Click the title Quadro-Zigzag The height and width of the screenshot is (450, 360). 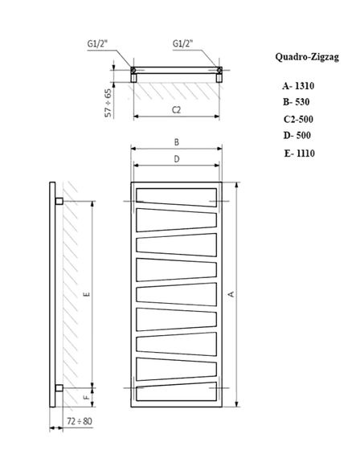[306, 58]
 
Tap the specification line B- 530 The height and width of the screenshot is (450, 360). [296, 102]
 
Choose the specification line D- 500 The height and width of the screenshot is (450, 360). [296, 135]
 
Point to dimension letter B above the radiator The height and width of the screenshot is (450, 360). [176, 141]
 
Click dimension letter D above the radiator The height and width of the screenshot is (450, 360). [176, 159]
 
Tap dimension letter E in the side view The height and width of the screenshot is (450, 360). [86, 294]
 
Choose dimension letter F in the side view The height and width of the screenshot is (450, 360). [86, 396]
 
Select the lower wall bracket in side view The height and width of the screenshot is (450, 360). [59, 389]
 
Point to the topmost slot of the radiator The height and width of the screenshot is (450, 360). [176, 194]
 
